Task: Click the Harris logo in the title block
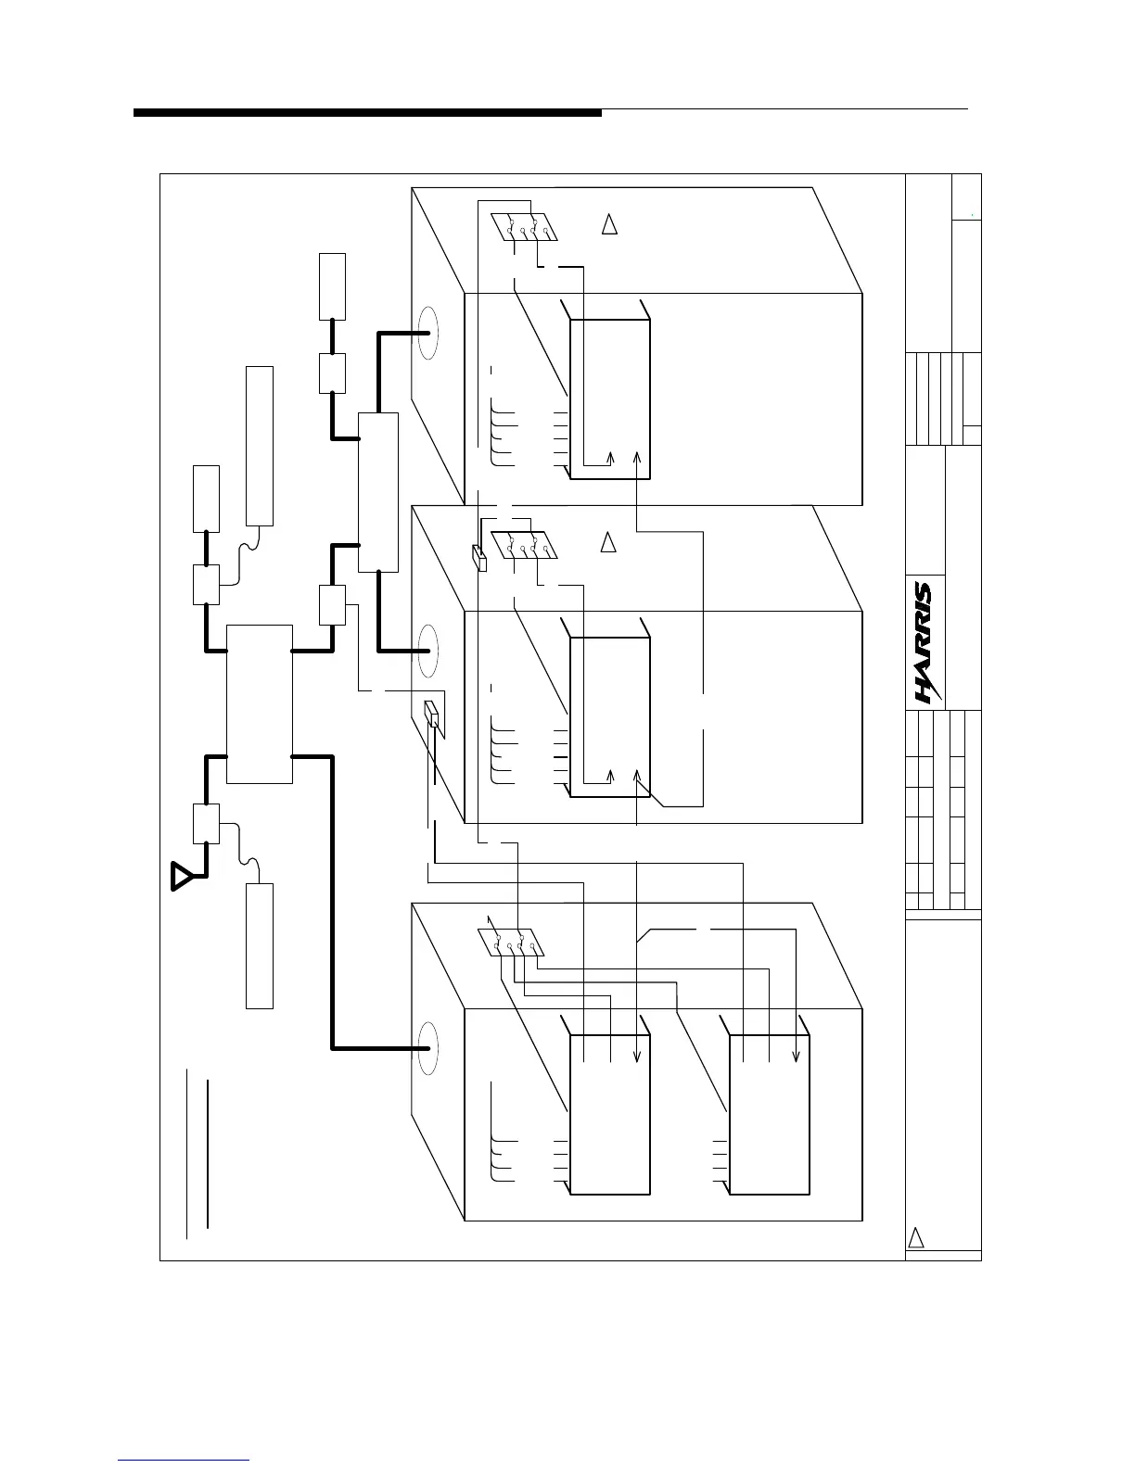click(924, 642)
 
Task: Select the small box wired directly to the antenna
click(206, 824)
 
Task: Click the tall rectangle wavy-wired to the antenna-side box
click(260, 945)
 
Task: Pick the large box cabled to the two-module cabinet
click(260, 703)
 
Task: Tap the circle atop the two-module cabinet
click(427, 1048)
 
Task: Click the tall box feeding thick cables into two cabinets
click(378, 491)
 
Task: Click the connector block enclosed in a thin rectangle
click(432, 715)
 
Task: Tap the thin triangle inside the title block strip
click(915, 1238)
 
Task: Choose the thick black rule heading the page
click(367, 113)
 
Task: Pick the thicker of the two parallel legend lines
click(208, 1154)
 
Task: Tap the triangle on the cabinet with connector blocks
click(609, 543)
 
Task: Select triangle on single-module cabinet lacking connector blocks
click(609, 224)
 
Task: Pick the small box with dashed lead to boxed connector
click(332, 604)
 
